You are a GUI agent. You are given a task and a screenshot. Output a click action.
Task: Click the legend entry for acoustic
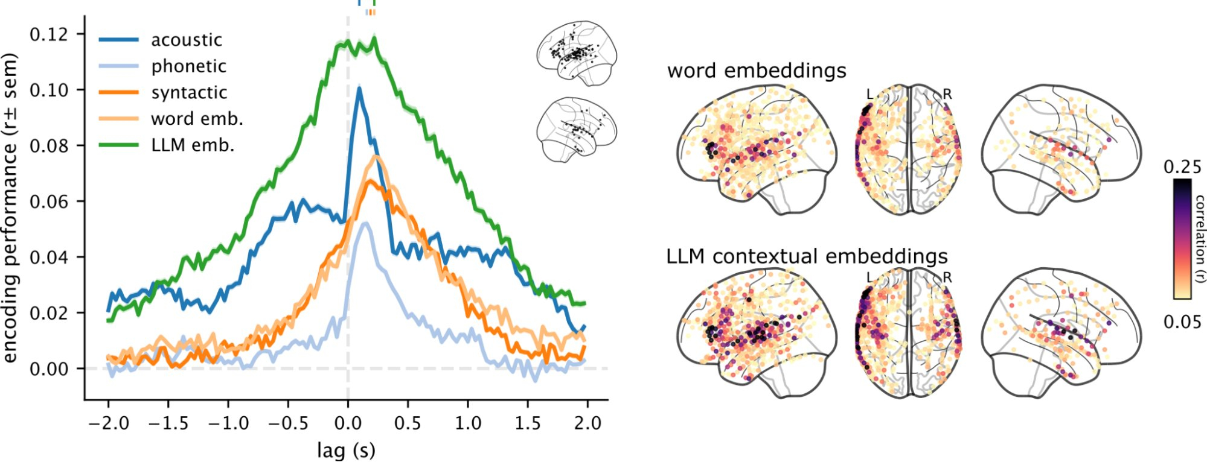point(186,40)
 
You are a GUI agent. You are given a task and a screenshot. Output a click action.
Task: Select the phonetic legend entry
point(188,66)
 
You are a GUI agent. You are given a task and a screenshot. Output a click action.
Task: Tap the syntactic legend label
point(189,92)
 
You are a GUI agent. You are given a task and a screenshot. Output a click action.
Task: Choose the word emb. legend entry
point(197,119)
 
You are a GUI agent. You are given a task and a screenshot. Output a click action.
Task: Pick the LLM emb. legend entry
point(193,145)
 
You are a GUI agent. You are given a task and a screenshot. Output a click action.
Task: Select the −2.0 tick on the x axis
point(109,423)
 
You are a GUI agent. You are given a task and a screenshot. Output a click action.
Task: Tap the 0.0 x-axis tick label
point(348,423)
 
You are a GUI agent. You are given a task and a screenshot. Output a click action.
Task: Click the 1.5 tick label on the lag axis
point(527,423)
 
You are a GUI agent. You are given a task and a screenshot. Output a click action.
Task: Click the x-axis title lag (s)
point(346,450)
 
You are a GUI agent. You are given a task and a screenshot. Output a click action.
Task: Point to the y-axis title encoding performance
point(10,208)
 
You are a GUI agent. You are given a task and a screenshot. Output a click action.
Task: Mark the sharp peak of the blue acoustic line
point(359,89)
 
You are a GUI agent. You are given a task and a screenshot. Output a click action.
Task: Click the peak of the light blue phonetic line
point(365,224)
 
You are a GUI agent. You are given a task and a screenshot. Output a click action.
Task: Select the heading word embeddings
point(757,71)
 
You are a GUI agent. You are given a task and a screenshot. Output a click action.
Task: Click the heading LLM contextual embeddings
point(807,256)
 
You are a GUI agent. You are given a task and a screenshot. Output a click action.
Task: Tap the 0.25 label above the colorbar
point(1182,167)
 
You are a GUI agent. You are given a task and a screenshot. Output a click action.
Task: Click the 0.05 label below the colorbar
point(1182,322)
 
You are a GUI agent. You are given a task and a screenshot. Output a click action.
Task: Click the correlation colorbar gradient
point(1182,238)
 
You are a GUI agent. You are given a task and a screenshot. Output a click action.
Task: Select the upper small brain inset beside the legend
point(577,52)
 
